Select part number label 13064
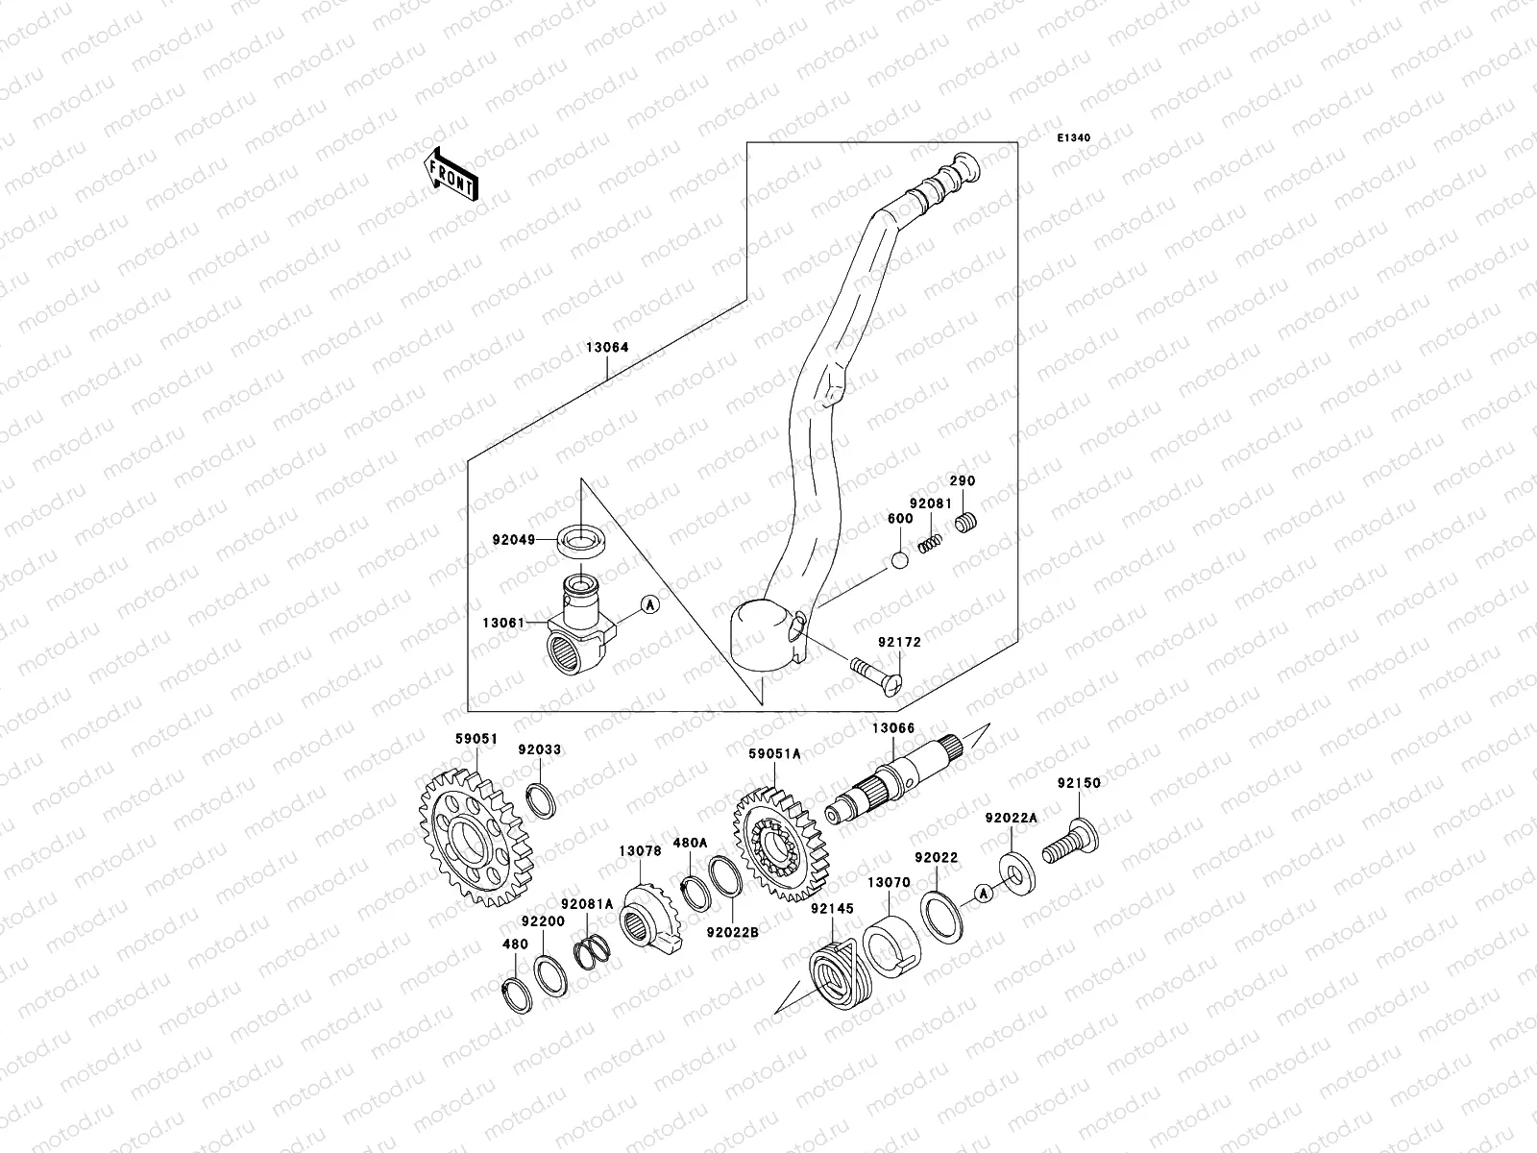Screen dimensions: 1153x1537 (607, 349)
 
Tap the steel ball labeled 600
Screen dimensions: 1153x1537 (898, 561)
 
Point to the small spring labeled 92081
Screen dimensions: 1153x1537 (930, 544)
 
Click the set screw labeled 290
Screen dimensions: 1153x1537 (966, 524)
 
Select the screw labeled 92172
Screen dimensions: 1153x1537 (874, 673)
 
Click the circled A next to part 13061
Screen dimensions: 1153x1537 (649, 605)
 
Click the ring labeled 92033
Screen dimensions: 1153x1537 (543, 798)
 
